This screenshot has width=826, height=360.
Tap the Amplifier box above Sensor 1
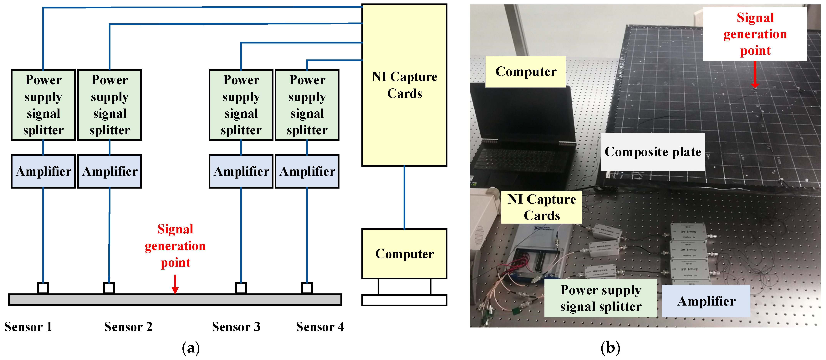pos(43,171)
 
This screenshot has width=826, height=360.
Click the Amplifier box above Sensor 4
pos(307,171)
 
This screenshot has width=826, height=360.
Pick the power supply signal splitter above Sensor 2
pos(110,105)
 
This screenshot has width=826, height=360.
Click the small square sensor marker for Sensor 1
pos(43,287)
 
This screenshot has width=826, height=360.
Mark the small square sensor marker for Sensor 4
pos(307,287)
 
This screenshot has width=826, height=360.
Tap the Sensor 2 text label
pos(128,327)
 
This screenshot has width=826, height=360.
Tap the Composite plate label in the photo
pos(653,152)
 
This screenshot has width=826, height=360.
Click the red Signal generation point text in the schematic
pos(175,246)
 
